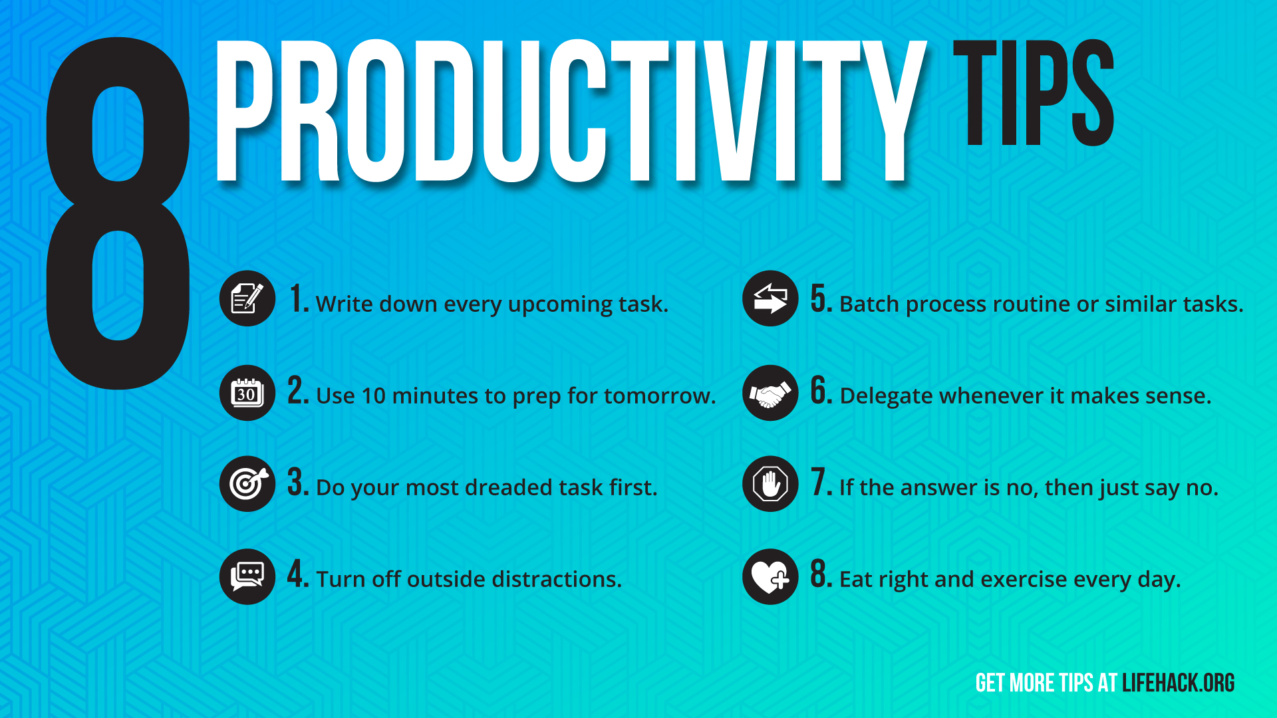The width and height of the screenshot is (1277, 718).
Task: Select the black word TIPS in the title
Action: (1034, 92)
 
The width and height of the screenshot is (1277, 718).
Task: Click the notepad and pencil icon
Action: (247, 299)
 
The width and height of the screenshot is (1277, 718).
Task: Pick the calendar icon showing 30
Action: (247, 393)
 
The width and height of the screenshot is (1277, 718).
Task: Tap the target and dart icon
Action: (247, 483)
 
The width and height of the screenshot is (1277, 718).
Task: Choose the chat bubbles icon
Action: (247, 576)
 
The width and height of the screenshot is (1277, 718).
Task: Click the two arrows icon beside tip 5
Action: (770, 299)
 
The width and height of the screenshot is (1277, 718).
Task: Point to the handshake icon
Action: (770, 393)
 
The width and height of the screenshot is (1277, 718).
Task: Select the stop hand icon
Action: (770, 483)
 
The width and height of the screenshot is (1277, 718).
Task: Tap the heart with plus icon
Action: (770, 576)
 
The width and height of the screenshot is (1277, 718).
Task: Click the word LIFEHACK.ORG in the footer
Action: (1178, 683)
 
